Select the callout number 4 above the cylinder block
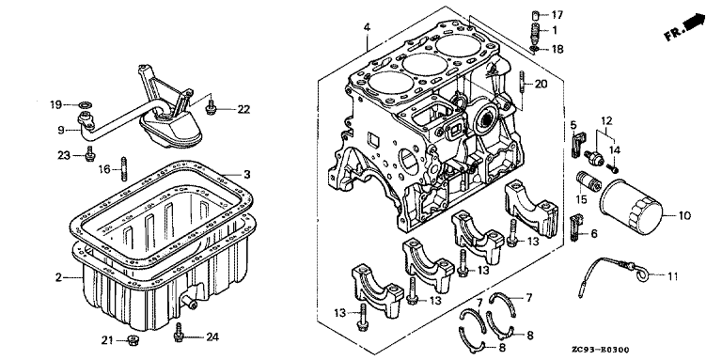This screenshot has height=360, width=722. pyautogui.click(x=367, y=27)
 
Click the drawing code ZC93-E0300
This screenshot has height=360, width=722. pyautogui.click(x=601, y=350)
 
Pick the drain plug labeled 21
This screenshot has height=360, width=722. pyautogui.click(x=133, y=340)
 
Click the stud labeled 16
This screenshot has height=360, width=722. pyautogui.click(x=123, y=168)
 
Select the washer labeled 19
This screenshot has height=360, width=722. pyautogui.click(x=85, y=105)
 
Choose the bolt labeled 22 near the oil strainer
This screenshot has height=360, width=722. pyautogui.click(x=212, y=107)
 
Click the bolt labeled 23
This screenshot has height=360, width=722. pyautogui.click(x=89, y=154)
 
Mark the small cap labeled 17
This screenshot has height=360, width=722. pyautogui.click(x=535, y=15)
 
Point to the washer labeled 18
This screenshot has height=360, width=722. pyautogui.click(x=534, y=48)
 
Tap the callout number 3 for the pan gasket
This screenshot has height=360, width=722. pyautogui.click(x=247, y=175)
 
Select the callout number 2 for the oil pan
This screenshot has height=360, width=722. pyautogui.click(x=58, y=277)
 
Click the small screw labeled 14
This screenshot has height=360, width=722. pyautogui.click(x=613, y=169)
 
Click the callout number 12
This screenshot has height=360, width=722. pyautogui.click(x=607, y=121)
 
